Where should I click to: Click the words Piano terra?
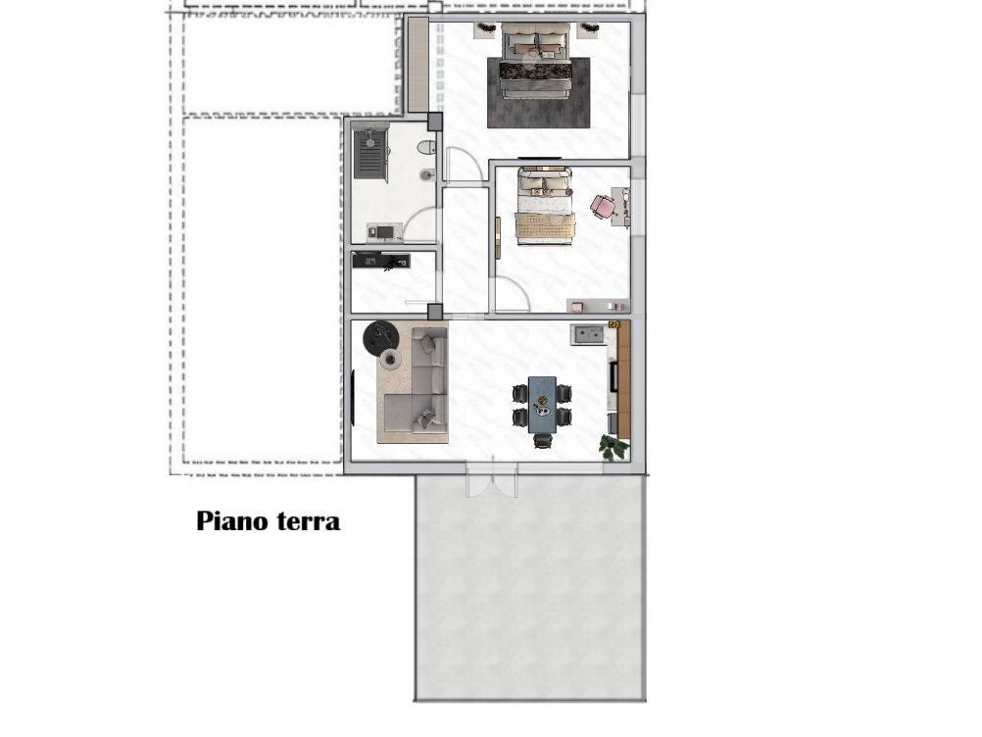click(269, 520)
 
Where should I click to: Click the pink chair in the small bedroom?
click(602, 206)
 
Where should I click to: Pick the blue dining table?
click(542, 403)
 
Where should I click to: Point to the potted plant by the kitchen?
click(614, 447)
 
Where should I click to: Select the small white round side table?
click(392, 360)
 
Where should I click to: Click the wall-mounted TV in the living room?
click(353, 398)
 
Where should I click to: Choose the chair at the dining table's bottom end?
click(543, 440)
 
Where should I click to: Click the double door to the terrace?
click(491, 478)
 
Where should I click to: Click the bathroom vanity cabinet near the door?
click(384, 232)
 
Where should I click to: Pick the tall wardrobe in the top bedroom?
click(417, 65)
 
